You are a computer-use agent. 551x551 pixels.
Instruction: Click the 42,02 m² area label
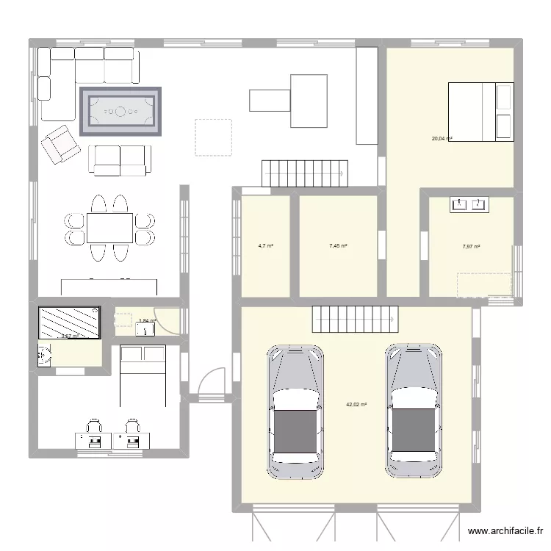point(356,404)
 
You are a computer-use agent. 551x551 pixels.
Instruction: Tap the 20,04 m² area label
point(442,138)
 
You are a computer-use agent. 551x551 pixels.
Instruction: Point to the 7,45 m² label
point(338,246)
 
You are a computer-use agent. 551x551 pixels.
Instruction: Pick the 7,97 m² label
point(471,247)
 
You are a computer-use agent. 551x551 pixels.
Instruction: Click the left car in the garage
point(296,404)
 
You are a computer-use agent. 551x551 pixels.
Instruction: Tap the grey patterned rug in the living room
point(121,112)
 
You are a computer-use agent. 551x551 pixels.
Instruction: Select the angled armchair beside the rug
point(60,144)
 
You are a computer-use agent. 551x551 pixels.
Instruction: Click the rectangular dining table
point(109,228)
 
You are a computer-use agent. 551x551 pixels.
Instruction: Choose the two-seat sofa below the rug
point(120,159)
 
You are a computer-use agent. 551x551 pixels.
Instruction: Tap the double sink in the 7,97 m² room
point(469,204)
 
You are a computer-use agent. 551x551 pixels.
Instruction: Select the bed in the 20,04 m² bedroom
point(480,112)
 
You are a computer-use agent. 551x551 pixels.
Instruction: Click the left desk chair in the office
point(94,426)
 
